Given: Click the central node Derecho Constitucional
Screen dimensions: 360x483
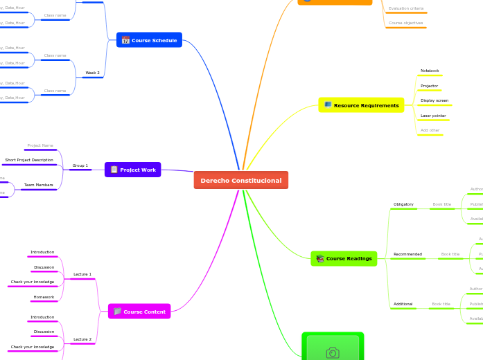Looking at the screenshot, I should [x=241, y=181].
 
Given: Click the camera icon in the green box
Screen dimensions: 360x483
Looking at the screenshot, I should [x=333, y=353].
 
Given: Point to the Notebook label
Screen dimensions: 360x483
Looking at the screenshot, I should [x=430, y=71].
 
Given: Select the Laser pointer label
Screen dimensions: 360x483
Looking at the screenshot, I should [x=433, y=116].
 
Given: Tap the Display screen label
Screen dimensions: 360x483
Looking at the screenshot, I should [x=434, y=100].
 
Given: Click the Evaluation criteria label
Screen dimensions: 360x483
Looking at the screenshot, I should [x=406, y=8].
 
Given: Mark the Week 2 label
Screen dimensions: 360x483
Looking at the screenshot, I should [x=92, y=73].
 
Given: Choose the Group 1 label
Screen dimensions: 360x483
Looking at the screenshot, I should [x=80, y=165].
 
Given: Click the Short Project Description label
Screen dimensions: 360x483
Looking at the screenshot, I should [x=29, y=160].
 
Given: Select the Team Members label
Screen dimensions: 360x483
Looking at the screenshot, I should [x=38, y=185].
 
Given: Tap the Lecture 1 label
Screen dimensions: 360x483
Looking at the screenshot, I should [x=82, y=274].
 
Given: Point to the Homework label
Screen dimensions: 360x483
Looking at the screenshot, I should [x=44, y=297].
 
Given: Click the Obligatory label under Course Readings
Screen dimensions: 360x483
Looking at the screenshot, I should [x=403, y=204].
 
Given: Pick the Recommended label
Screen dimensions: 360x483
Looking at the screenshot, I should [x=407, y=254].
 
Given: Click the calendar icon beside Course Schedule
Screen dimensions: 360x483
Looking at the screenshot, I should [x=125, y=40].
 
